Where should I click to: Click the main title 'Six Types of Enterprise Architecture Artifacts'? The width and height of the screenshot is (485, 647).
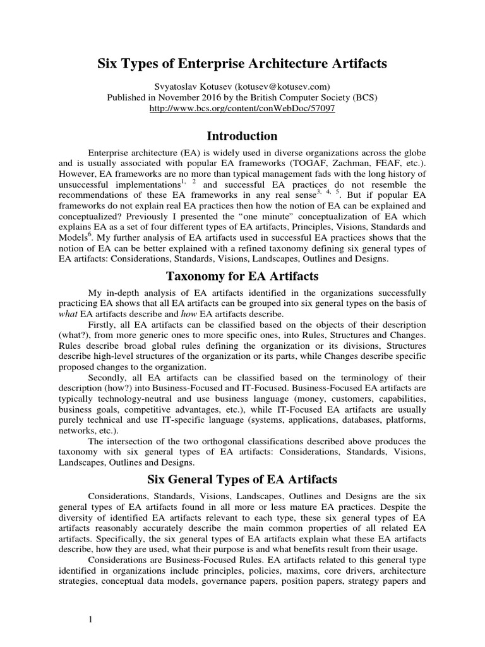[242, 64]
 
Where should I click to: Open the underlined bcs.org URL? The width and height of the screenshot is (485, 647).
[242, 108]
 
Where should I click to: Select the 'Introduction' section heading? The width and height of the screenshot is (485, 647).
[242, 136]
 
